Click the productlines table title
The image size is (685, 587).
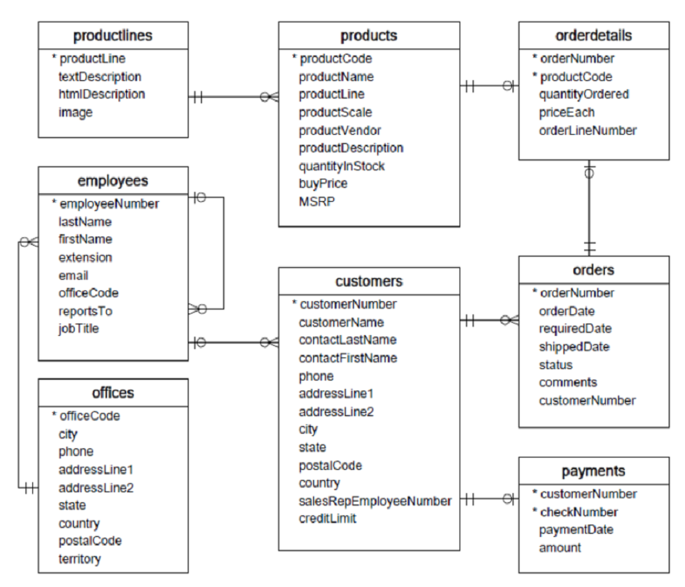[113, 36]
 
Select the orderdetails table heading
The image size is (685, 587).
[593, 36]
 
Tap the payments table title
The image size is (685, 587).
[593, 470]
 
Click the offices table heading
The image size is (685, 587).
[113, 393]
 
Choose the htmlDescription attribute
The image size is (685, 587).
[102, 94]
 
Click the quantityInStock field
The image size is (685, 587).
[342, 166]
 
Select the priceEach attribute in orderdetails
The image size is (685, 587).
[566, 112]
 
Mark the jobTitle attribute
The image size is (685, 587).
[79, 328]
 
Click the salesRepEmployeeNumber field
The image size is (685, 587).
[375, 500]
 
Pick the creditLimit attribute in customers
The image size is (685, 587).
[328, 518]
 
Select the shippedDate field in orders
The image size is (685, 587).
[574, 347]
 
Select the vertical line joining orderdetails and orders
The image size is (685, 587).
[590, 208]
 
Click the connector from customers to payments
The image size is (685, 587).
[490, 499]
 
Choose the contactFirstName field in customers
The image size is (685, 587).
[348, 357]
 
